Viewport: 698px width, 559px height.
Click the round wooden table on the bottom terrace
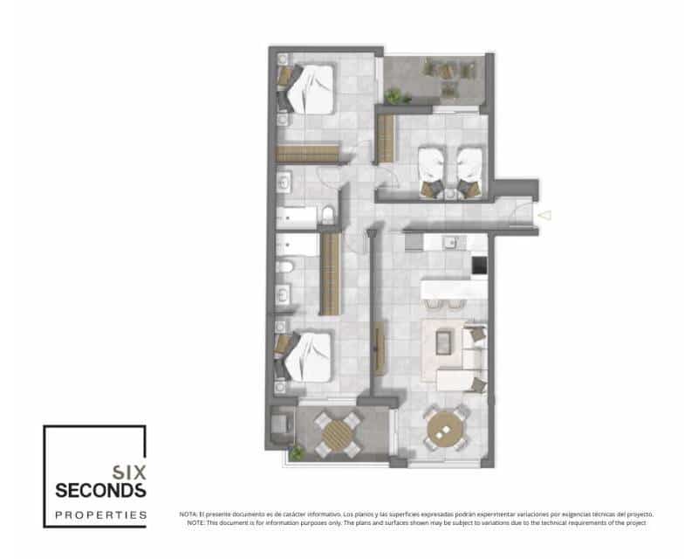[338, 434]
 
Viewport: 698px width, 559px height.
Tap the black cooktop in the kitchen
[478, 264]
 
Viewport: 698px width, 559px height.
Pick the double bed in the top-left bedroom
[309, 88]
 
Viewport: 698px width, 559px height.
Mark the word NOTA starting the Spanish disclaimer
[188, 514]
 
